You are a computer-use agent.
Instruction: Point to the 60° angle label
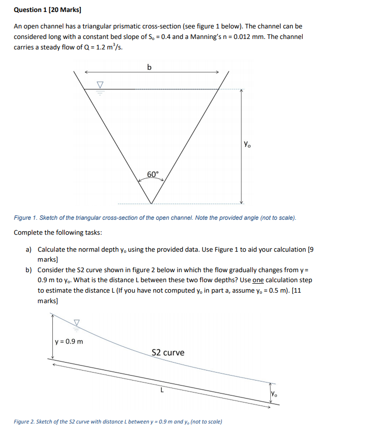pyautogui.click(x=153, y=174)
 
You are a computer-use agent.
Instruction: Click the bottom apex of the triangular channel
pyautogui.click(x=152, y=204)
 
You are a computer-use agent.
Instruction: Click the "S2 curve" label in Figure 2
pyautogui.click(x=168, y=352)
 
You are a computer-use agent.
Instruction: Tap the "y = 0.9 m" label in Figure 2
pyautogui.click(x=70, y=342)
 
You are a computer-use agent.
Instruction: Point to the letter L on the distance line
pyautogui.click(x=162, y=391)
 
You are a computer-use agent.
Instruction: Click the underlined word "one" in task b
pyautogui.click(x=258, y=280)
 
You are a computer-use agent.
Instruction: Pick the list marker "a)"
pyautogui.click(x=29, y=249)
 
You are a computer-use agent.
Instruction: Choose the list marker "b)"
pyautogui.click(x=29, y=270)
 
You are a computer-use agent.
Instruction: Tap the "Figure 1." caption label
pyautogui.click(x=26, y=218)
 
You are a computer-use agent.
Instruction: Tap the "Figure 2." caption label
pyautogui.click(x=25, y=422)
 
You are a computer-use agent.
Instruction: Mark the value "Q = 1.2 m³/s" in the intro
pyautogui.click(x=98, y=47)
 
